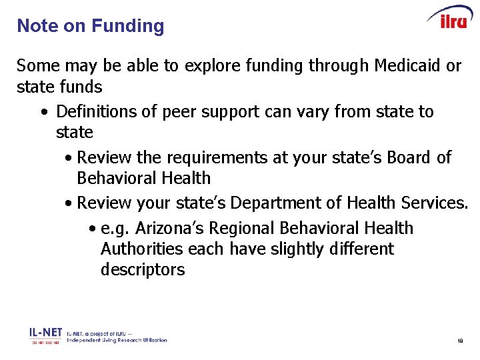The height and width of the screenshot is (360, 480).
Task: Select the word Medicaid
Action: pos(408,66)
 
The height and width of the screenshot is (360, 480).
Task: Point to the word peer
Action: pos(177,111)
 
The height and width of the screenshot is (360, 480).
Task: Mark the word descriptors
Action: pos(143,270)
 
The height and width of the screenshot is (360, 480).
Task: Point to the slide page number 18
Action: pos(459,341)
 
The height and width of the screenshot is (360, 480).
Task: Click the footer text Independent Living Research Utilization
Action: pos(117,340)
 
